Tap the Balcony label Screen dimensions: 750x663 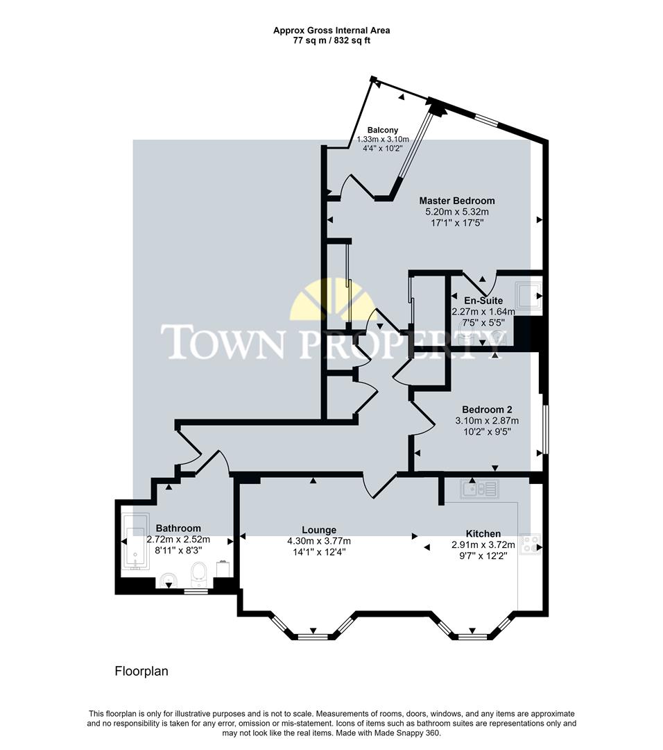pos(383,130)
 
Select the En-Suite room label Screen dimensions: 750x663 pos(479,301)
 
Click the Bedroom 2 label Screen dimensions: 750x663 pos(487,409)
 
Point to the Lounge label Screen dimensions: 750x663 pos(319,530)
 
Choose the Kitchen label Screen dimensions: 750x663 pos(483,533)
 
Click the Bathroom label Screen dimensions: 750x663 pos(178,528)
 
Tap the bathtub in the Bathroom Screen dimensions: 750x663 pos(135,542)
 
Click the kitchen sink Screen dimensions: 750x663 pos(479,490)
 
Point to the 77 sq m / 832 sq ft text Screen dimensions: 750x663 pos(331,40)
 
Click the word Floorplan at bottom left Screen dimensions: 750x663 pos(141,672)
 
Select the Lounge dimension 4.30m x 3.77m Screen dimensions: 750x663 pos(319,541)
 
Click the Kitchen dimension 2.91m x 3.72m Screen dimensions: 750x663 pos(483,545)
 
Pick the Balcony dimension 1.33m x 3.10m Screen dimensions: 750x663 pos(383,139)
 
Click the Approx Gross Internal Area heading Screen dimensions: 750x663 pos(331,30)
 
